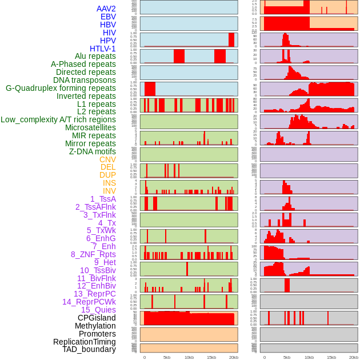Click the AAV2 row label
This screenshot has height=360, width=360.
[x=106, y=9]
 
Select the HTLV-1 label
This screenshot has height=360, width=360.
[x=102, y=49]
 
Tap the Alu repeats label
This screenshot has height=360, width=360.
[x=95, y=56]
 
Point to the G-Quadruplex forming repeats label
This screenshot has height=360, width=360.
[x=61, y=88]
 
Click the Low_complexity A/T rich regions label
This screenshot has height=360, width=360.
[x=58, y=119]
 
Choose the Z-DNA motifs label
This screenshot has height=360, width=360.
[x=93, y=151]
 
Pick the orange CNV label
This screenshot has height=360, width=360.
[x=107, y=159]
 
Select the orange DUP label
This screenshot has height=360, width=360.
[x=107, y=175]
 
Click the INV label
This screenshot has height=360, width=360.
[x=109, y=191]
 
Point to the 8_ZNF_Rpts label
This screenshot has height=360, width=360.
[x=93, y=254]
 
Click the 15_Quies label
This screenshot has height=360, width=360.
[x=98, y=310]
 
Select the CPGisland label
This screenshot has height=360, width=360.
[x=97, y=318]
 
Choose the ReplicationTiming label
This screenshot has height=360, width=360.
[x=84, y=342]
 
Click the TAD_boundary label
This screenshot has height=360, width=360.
[x=89, y=349]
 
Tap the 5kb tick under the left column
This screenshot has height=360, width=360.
[x=167, y=357]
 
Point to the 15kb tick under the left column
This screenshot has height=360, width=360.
[x=211, y=357]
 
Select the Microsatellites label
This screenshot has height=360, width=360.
[x=90, y=127]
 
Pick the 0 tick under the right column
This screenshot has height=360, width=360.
[x=264, y=357]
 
